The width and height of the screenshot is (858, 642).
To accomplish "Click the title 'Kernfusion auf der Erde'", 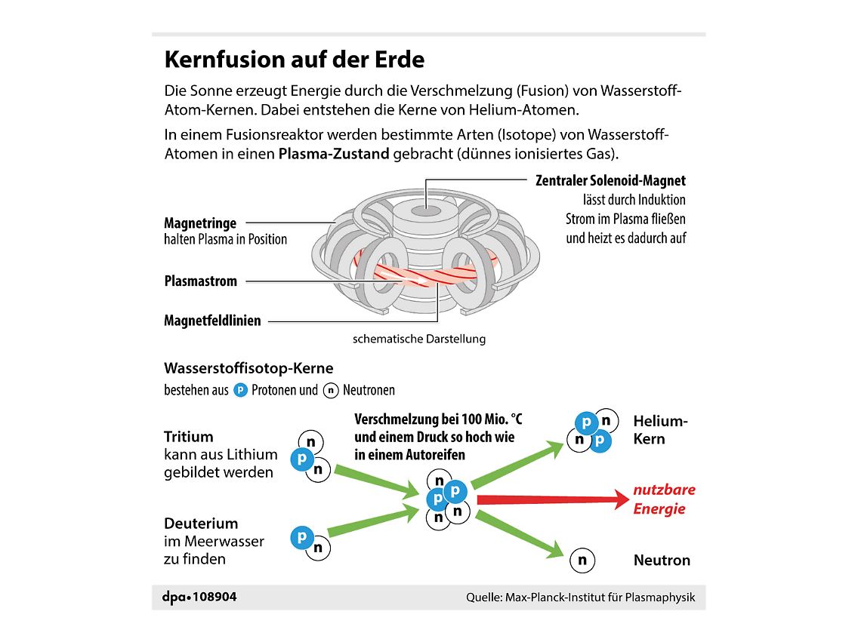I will (295, 60).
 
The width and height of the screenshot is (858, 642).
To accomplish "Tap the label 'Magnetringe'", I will (200, 223).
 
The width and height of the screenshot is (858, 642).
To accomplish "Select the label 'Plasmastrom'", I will (201, 281).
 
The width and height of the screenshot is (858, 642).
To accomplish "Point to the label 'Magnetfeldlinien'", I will (212, 321).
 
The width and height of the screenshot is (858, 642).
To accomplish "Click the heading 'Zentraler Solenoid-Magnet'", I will (610, 181).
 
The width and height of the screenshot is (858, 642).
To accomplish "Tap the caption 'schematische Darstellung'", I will (419, 339).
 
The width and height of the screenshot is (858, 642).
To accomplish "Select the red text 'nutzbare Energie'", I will (664, 499).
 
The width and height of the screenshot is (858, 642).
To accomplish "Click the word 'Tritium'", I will (189, 437).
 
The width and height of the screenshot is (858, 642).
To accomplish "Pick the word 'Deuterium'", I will (201, 524).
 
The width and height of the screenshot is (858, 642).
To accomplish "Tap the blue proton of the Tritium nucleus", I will (302, 459).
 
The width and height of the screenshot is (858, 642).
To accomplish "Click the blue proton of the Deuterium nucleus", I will (301, 537).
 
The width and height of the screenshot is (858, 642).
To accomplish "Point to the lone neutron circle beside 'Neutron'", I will (582, 561).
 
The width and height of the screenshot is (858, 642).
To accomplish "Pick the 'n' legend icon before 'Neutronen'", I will (331, 391).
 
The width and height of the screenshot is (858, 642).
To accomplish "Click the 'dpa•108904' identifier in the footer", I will (199, 597).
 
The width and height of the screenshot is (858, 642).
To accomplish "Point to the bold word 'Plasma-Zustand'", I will (334, 154).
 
